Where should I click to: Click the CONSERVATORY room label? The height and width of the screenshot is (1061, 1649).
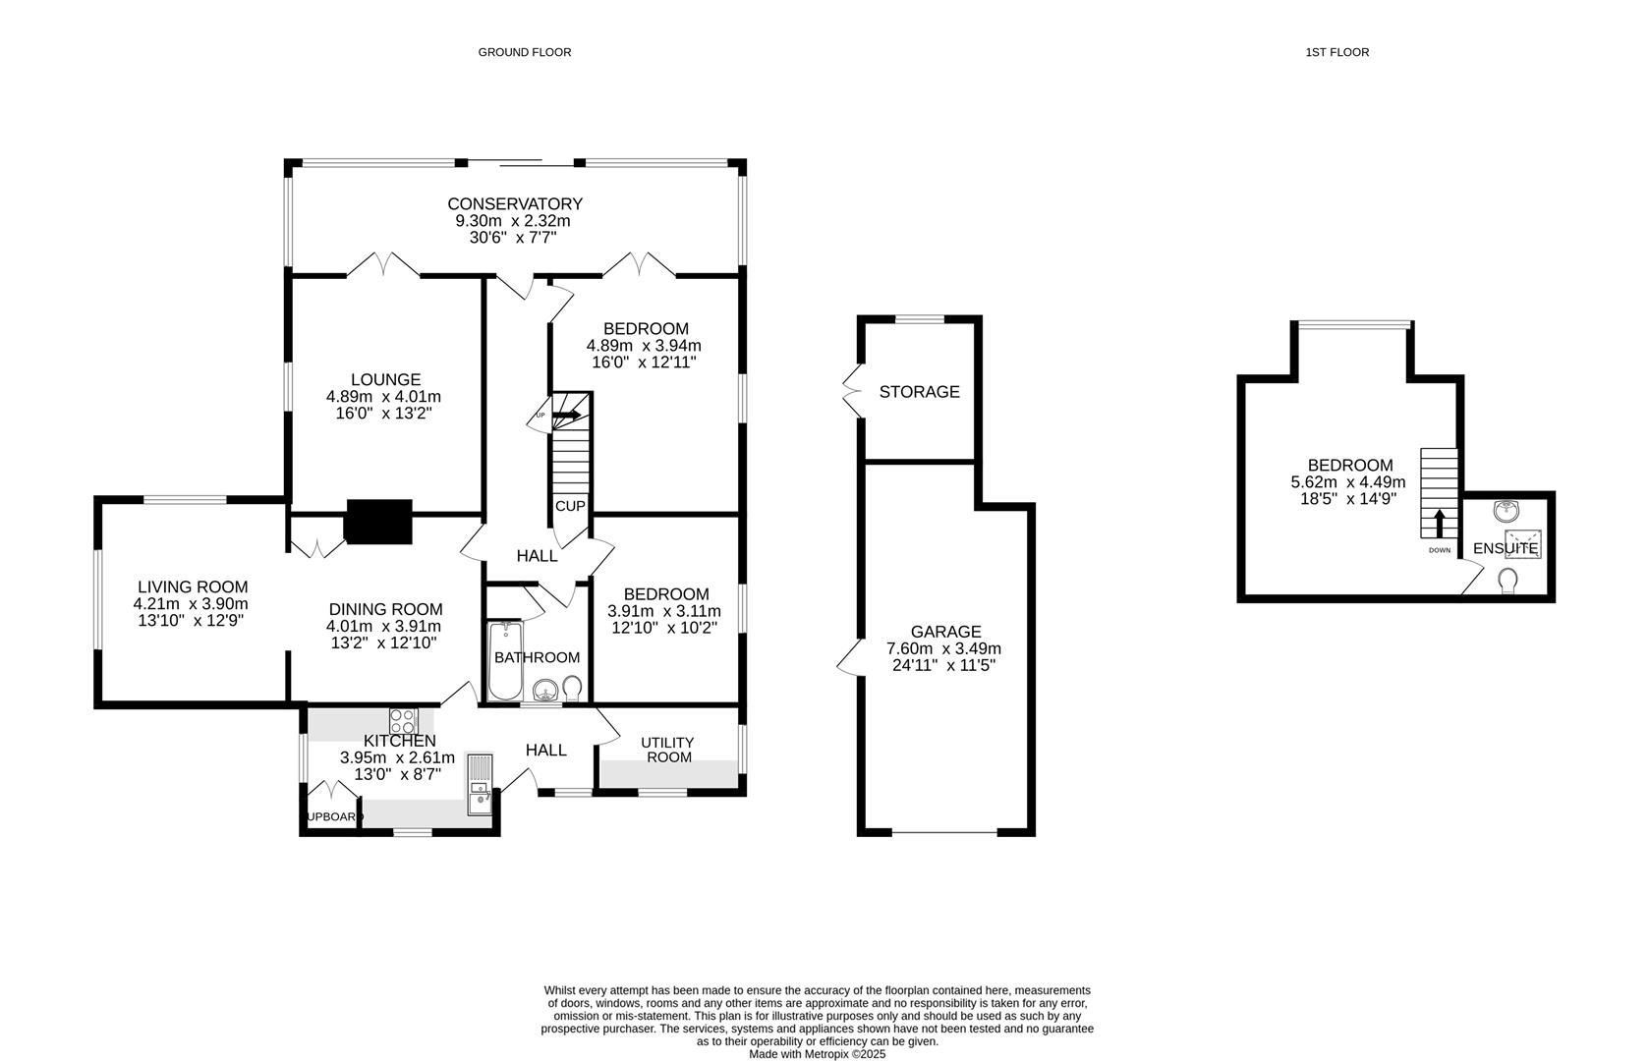coord(515,204)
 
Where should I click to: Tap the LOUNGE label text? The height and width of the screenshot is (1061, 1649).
coord(385,380)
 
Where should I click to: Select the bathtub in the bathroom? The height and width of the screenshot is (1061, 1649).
coord(506,660)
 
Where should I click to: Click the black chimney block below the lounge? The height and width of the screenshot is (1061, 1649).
coord(378,522)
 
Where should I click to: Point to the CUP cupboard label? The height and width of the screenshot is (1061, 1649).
coord(570,506)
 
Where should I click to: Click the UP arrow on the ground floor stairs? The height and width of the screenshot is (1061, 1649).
coord(566,416)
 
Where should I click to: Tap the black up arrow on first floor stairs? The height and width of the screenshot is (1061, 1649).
coord(1440,523)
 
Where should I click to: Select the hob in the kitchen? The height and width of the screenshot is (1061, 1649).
coord(404,719)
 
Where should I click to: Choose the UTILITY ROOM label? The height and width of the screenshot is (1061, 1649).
coord(667,750)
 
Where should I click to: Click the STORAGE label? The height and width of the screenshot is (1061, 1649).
coord(919,392)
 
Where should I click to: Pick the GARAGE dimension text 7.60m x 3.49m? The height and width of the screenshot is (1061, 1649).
coord(944,649)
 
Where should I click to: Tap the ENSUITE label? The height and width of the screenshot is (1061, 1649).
coord(1505,548)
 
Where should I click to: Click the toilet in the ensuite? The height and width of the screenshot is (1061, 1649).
coord(1507,583)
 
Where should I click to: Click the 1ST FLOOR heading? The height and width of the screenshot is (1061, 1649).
coord(1336,52)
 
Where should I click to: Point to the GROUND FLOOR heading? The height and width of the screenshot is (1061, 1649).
coord(524,52)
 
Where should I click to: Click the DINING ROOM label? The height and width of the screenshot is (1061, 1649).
coord(385,609)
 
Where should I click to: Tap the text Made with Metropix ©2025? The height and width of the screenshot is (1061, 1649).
coord(817,1053)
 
